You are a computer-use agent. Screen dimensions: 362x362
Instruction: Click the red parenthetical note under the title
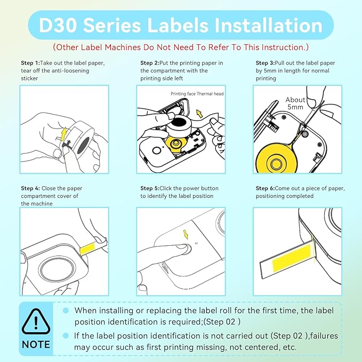[181, 47]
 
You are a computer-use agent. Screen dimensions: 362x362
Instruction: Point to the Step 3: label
[266, 63]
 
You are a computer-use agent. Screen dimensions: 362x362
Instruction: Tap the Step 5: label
[150, 188]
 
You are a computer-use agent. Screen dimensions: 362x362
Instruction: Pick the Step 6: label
[266, 188]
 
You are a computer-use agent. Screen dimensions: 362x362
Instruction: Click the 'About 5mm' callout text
[295, 103]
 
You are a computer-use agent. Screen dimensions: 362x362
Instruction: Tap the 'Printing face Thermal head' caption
[197, 94]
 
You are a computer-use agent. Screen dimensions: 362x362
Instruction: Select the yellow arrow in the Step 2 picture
[199, 113]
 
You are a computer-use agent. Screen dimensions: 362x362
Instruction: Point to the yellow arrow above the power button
[187, 234]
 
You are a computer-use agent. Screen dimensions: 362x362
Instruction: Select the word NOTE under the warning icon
[36, 344]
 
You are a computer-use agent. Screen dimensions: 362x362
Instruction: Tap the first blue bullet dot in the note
[66, 310]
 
